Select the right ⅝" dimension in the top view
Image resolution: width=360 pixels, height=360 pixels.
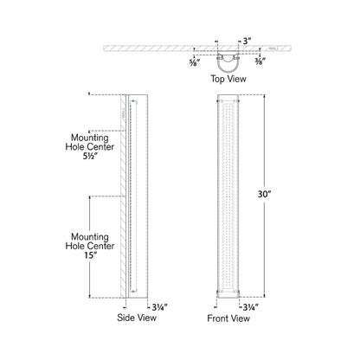(260, 61)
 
